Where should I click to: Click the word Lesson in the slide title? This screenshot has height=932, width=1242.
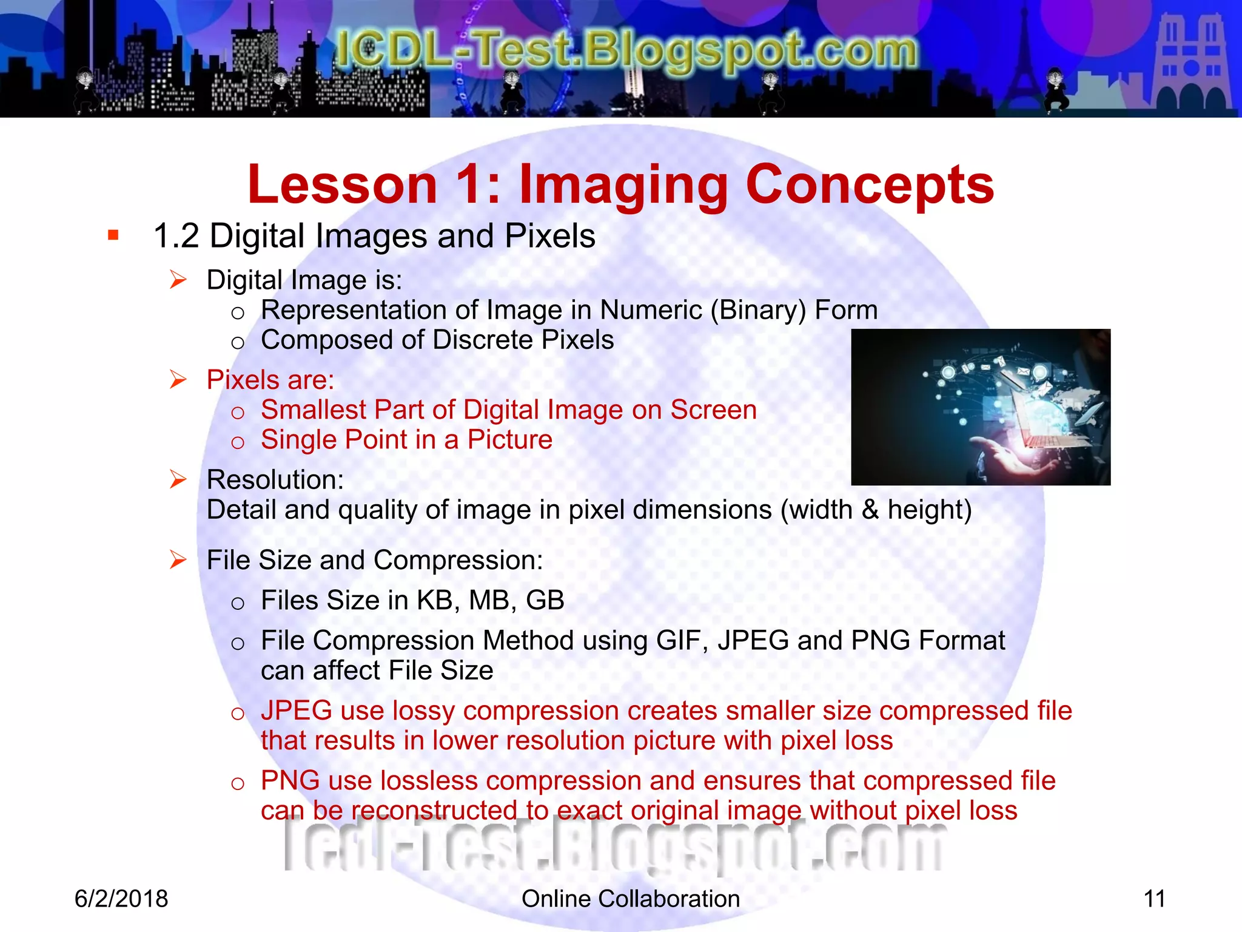click(x=343, y=185)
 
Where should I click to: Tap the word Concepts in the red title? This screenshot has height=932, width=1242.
click(x=870, y=185)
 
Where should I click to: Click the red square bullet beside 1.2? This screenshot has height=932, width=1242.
click(x=113, y=235)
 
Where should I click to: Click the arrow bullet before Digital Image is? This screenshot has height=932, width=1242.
click(x=178, y=280)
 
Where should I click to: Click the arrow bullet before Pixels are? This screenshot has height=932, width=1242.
click(x=178, y=380)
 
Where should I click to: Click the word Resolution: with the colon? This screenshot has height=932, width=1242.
click(x=275, y=480)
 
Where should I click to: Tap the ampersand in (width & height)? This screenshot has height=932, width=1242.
click(x=870, y=510)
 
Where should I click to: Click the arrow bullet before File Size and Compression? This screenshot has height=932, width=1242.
click(x=178, y=559)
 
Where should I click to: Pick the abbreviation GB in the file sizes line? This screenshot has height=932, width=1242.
click(x=545, y=601)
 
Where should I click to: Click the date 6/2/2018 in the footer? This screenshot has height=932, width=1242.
click(x=121, y=899)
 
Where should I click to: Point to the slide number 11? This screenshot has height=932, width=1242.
click(x=1154, y=899)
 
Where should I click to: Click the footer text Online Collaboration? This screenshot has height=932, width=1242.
click(x=631, y=899)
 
